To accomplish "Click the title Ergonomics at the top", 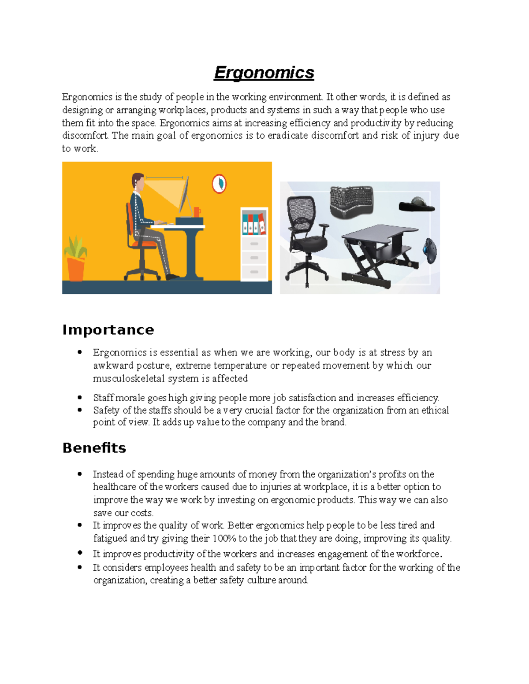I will (264, 73).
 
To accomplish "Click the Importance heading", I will (108, 329).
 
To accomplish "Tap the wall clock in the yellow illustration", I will (219, 184).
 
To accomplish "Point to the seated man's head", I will (138, 181).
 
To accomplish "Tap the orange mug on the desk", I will (197, 212).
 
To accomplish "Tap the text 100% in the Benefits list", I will (224, 538).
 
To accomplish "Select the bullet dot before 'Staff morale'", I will (79, 397).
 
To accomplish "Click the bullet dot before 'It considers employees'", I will (79, 567).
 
